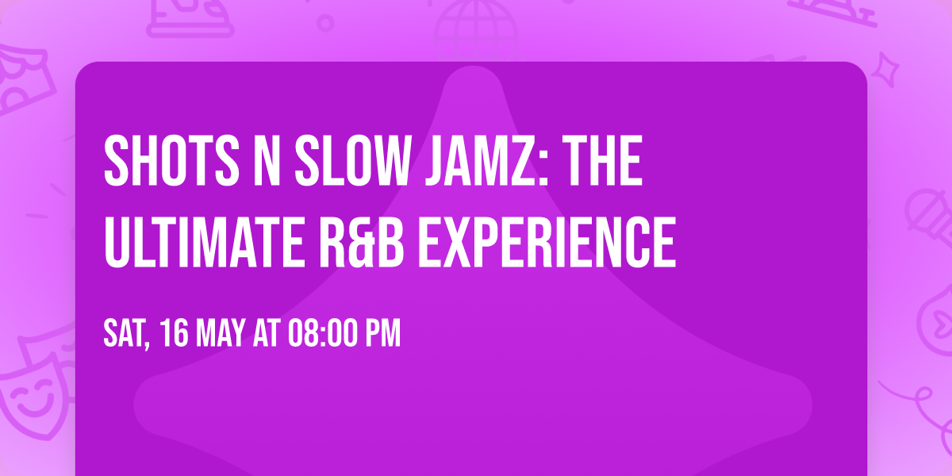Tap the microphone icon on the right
click(x=924, y=210)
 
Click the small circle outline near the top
click(x=325, y=21)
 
